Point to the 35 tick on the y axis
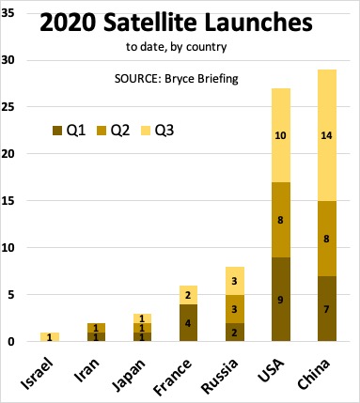point(15,14)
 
